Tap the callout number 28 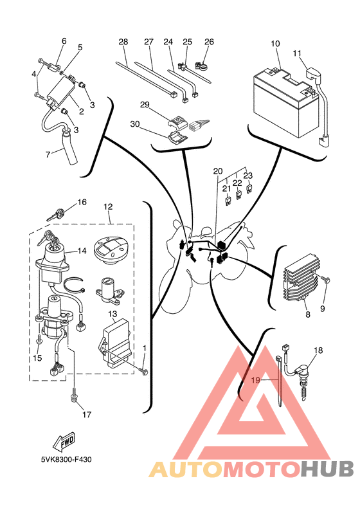click(x=123, y=42)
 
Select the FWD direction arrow click(x=64, y=441)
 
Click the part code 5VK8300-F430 click(x=66, y=459)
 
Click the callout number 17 click(x=87, y=414)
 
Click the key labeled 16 click(x=57, y=214)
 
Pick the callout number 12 click(x=108, y=206)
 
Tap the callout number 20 click(x=218, y=172)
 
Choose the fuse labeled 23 click(x=249, y=189)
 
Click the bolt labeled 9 click(x=325, y=279)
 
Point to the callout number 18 click(x=318, y=351)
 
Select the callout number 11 click(x=297, y=53)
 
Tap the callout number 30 click(x=135, y=124)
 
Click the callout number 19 click(x=256, y=380)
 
